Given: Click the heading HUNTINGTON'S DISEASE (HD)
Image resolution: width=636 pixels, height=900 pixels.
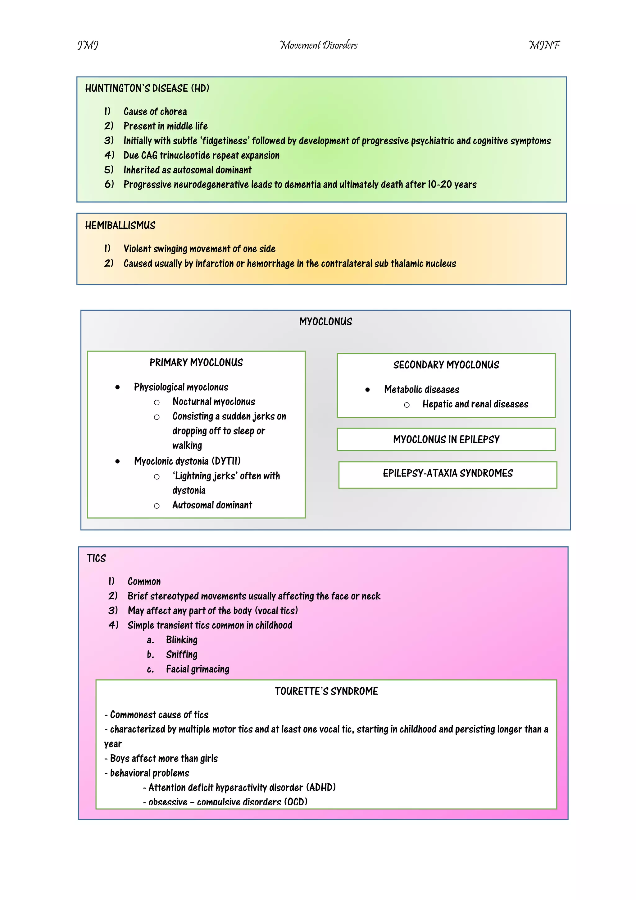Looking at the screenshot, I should tap(147, 88).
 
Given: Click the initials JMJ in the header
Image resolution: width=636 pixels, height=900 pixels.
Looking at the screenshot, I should tap(88, 45).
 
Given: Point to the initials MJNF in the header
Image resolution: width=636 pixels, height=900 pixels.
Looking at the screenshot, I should tap(544, 45).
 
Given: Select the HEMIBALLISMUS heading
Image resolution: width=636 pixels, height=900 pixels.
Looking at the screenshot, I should tap(120, 225).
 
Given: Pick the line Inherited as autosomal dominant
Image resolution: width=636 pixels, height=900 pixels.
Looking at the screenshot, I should tap(187, 170).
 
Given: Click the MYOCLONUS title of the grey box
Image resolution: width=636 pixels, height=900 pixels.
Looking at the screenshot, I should tap(325, 322).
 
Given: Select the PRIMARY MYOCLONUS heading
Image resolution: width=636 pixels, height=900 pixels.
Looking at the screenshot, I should tap(196, 363).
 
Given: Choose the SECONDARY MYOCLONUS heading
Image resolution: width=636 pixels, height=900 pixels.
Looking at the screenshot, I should tap(446, 365).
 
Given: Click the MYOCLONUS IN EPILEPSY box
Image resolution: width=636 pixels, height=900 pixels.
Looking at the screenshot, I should tap(446, 439).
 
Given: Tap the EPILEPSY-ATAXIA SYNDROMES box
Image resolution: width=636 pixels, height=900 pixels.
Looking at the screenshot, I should tap(447, 474).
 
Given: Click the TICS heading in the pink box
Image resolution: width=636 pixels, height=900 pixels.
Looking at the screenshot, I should tap(96, 558).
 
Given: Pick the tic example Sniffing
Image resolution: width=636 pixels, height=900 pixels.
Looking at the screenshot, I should tap(181, 654).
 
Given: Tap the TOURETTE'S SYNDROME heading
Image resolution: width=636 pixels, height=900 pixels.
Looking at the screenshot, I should tap(326, 691).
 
